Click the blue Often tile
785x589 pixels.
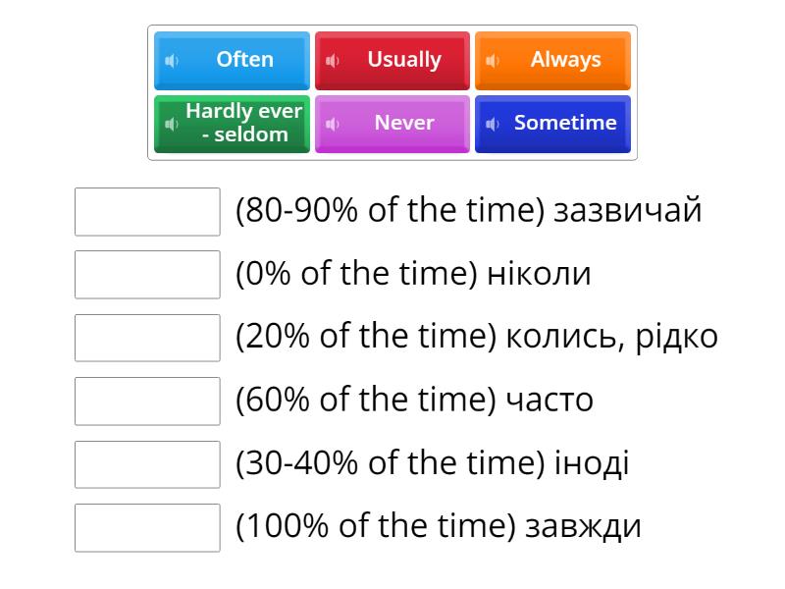pyautogui.click(x=233, y=60)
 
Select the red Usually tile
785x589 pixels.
pyautogui.click(x=393, y=60)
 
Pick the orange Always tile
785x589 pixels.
pyautogui.click(x=553, y=60)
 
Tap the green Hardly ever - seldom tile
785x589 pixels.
pyautogui.click(x=233, y=124)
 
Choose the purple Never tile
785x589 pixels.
pyautogui.click(x=393, y=124)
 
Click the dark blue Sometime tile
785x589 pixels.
pyautogui.click(x=553, y=124)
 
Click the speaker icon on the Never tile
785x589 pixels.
pyautogui.click(x=333, y=124)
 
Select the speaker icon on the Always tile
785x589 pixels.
pyautogui.click(x=493, y=61)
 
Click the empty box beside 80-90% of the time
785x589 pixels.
pyautogui.click(x=147, y=212)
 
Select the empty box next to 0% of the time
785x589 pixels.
pyautogui.click(x=147, y=275)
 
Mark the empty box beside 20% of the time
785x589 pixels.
pyautogui.click(x=147, y=338)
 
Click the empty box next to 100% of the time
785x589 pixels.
pyautogui.click(x=147, y=527)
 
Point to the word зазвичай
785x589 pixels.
pyautogui.click(x=628, y=211)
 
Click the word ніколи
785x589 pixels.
pyautogui.click(x=539, y=274)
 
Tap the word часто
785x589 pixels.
pyautogui.click(x=549, y=401)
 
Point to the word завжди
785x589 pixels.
pyautogui.click(x=583, y=527)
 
